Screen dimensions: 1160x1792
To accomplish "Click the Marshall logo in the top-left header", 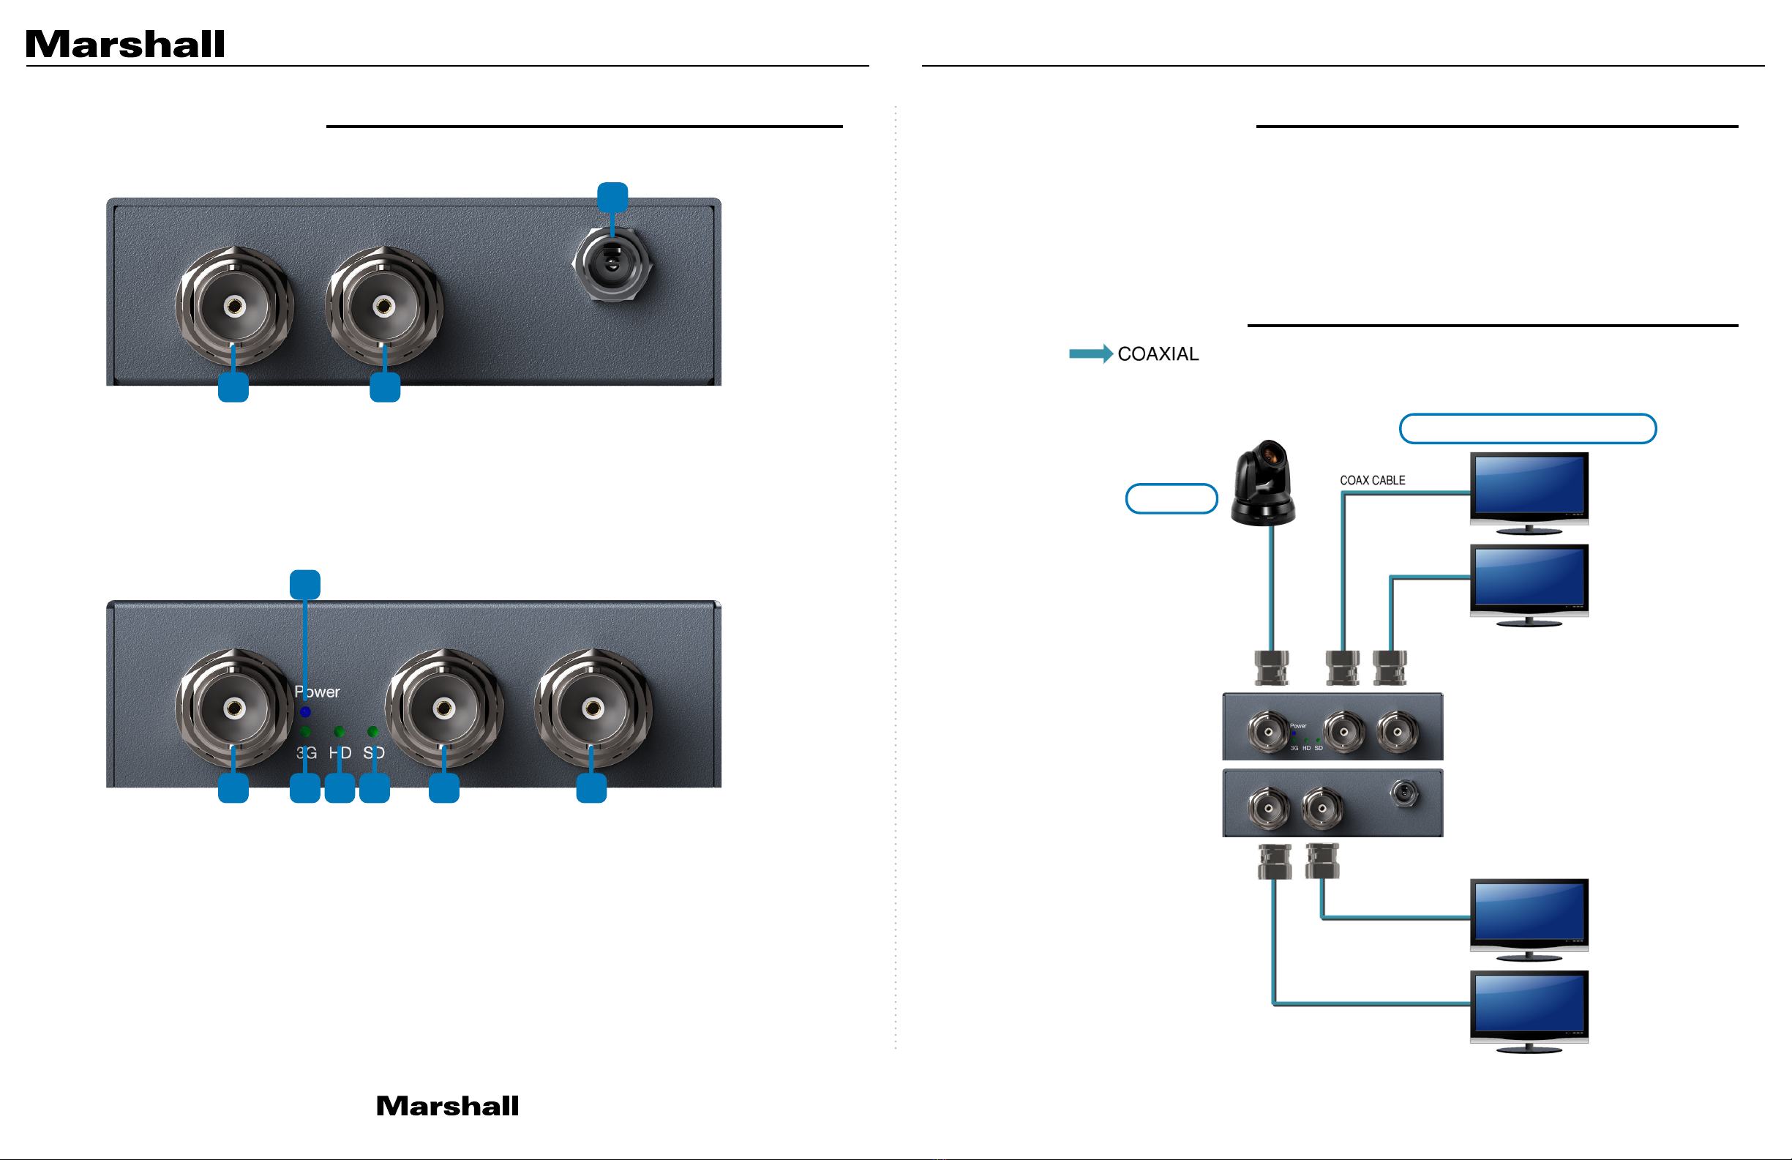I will [x=125, y=45].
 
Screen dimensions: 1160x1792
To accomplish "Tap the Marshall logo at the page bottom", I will [x=447, y=1106].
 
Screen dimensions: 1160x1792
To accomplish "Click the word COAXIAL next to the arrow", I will [x=1158, y=354].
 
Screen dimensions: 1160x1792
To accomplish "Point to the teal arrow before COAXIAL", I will [x=1090, y=354].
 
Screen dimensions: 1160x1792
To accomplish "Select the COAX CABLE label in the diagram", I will [x=1372, y=481].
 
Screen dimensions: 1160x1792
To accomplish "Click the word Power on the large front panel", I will [x=317, y=692].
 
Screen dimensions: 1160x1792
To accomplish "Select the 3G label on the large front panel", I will [x=307, y=752].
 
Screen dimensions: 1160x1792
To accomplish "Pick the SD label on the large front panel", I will [x=373, y=752].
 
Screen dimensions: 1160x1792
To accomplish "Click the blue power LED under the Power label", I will [x=305, y=712].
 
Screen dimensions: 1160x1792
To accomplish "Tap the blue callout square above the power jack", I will [x=612, y=198].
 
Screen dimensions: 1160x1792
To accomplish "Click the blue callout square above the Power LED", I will [x=305, y=585].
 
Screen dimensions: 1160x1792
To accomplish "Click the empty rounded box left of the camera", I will [x=1171, y=498].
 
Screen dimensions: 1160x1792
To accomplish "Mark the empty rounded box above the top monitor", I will [x=1527, y=429].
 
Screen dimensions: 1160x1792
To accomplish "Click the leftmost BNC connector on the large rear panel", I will [x=234, y=307].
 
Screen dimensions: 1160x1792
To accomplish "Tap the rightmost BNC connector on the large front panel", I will [x=593, y=708].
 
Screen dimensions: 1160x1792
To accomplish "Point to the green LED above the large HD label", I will [x=339, y=731].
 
